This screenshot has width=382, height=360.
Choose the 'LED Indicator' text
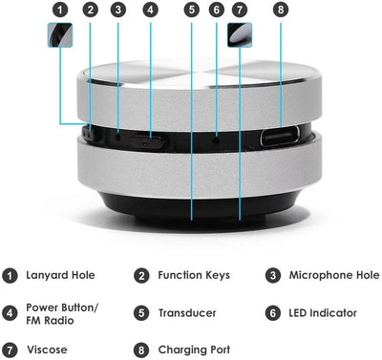pyautogui.click(x=323, y=312)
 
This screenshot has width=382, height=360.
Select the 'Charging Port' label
pyautogui.click(x=195, y=349)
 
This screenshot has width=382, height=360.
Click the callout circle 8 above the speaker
pyautogui.click(x=281, y=11)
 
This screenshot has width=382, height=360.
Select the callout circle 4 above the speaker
pyautogui.click(x=151, y=11)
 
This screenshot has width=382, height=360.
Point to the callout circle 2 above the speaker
pyautogui.click(x=90, y=11)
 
